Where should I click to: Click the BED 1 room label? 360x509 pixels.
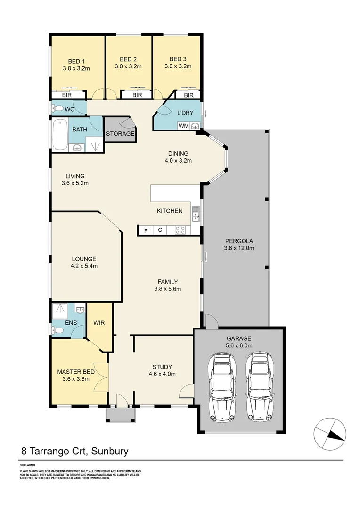[x=76, y=61]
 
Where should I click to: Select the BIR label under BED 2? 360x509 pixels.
[x=137, y=95]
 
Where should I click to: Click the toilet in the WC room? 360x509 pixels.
[x=58, y=109]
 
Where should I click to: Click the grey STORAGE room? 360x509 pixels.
[x=120, y=133]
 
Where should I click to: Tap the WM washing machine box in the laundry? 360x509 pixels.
[x=183, y=125]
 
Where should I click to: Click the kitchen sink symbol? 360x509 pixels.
[x=196, y=215]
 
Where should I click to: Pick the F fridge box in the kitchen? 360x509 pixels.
[x=146, y=230]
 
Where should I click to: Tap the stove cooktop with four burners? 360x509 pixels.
[x=180, y=230]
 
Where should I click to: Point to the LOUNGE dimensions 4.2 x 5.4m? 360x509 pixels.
[x=84, y=266]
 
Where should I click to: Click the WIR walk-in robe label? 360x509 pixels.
[x=99, y=324]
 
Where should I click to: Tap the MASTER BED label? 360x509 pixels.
[x=75, y=371]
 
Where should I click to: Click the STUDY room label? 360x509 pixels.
[x=162, y=367]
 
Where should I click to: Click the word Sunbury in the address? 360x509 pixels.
[x=107, y=451]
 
